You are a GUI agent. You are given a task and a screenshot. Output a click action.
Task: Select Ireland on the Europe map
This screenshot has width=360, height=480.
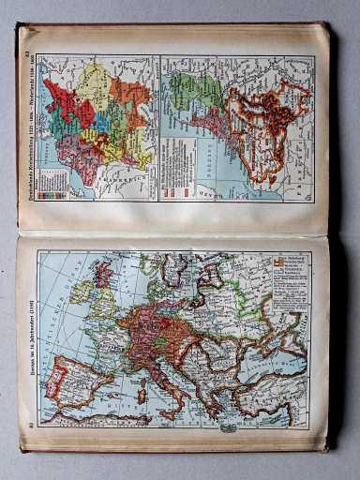[x=77, y=290]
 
